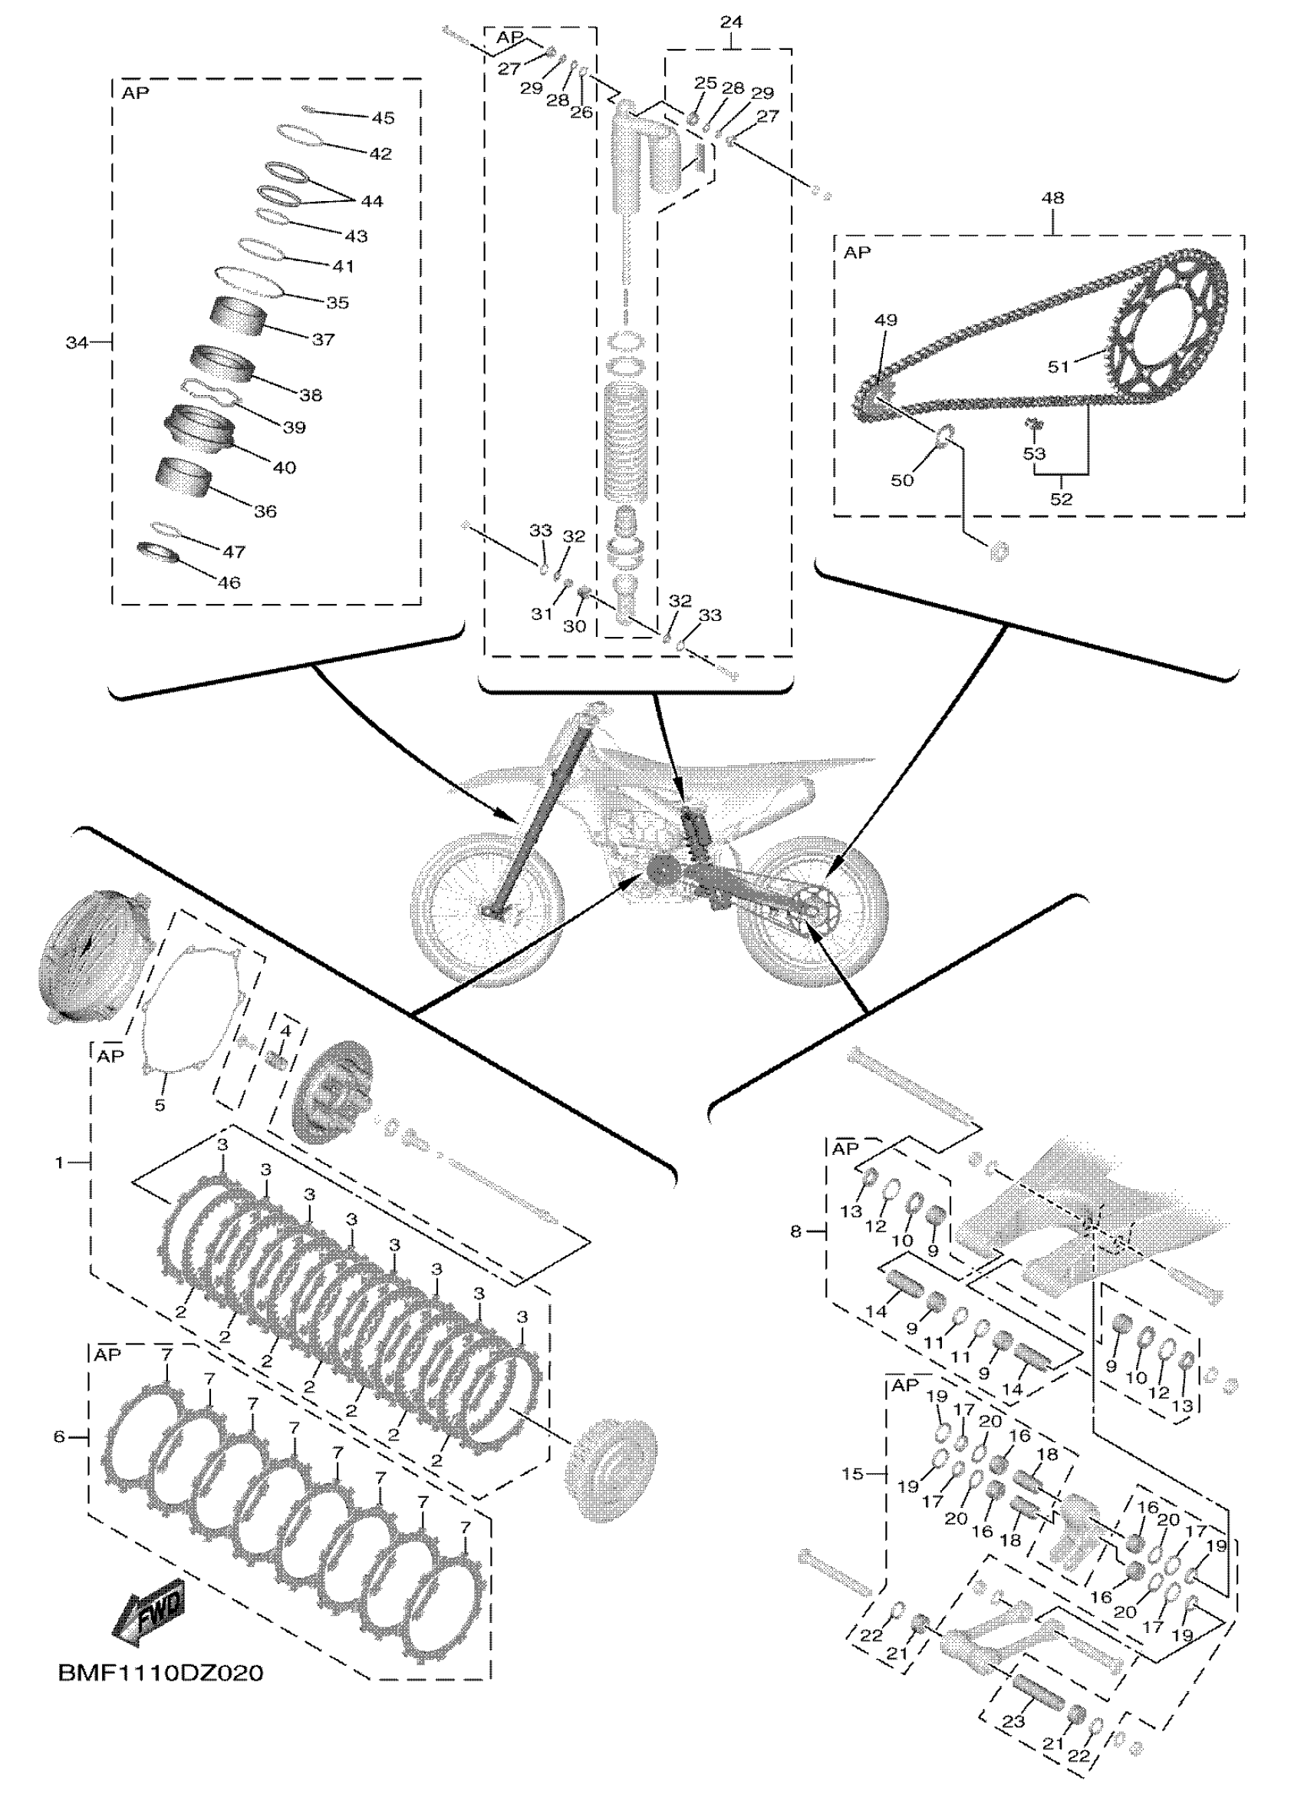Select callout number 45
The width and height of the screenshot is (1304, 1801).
coord(383,117)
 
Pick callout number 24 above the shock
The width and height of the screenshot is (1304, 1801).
coord(731,22)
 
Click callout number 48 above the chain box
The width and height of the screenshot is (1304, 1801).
coord(1052,198)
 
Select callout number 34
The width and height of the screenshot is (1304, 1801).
coord(76,343)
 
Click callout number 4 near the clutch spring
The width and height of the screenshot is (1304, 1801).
coord(285,1031)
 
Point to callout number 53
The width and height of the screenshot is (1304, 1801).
coord(1034,454)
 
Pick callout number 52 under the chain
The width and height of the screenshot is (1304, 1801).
coord(1061,499)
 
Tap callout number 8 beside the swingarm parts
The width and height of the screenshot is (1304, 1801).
coord(796,1232)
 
